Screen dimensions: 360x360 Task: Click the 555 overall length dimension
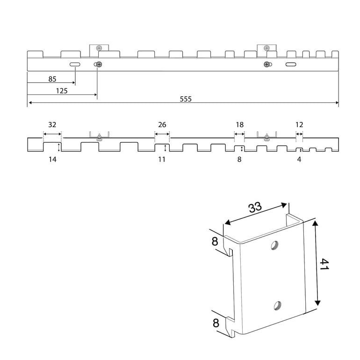[x=186, y=99]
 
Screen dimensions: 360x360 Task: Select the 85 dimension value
[x=52, y=79]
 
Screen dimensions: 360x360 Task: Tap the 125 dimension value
[x=62, y=91]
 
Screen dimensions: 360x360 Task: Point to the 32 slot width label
[x=52, y=125]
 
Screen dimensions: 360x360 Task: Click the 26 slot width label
[x=162, y=125]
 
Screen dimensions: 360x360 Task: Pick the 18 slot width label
[x=240, y=125]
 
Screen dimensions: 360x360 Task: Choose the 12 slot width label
[x=299, y=125]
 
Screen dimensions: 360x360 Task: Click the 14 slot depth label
[x=52, y=159]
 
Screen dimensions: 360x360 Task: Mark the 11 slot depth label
[x=162, y=159]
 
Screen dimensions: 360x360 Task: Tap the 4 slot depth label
[x=299, y=159]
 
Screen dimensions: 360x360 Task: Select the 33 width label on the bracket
[x=255, y=207]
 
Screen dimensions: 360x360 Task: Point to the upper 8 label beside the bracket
[x=215, y=242]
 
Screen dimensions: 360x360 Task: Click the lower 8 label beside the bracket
[x=216, y=323]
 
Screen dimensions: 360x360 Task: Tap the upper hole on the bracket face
[x=274, y=245]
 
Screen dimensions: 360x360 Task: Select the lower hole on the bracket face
[x=278, y=306]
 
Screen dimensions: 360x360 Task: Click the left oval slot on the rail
[x=75, y=65]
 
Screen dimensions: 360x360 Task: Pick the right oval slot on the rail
[x=291, y=65]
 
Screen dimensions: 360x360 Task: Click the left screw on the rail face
[x=99, y=65]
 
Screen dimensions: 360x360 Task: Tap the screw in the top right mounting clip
[x=266, y=48]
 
